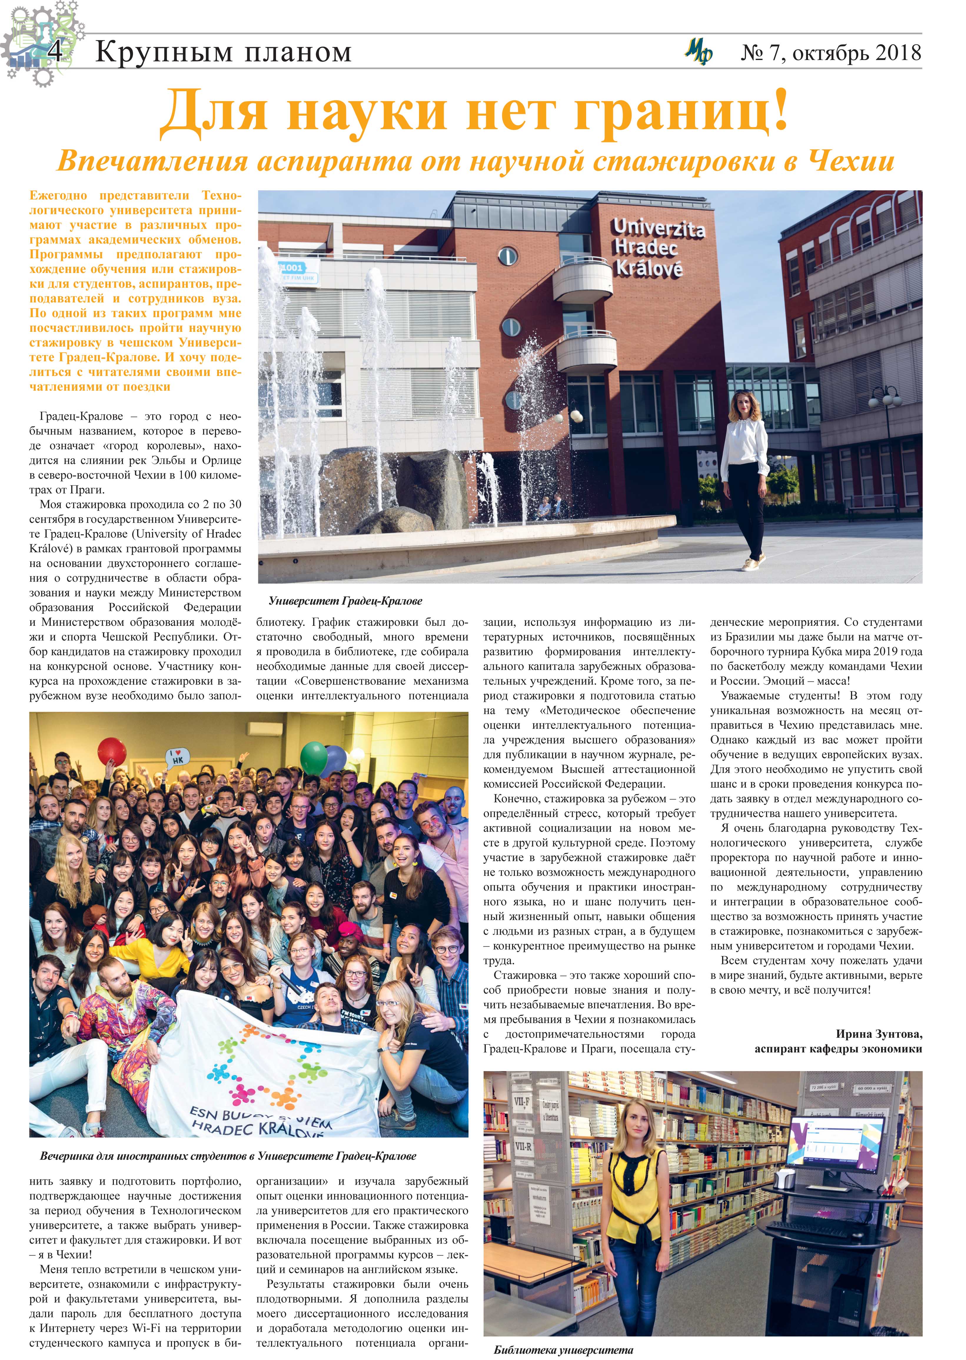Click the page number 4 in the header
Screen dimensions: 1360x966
[x=55, y=52]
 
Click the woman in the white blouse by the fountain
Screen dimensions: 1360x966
[x=745, y=476]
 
